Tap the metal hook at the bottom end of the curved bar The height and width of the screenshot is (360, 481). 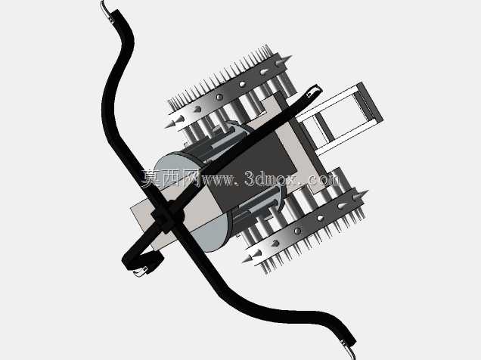[349, 349]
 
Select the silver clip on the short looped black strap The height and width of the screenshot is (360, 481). [141, 272]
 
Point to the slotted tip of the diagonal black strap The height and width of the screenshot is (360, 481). [313, 91]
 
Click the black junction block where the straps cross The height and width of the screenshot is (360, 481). [167, 216]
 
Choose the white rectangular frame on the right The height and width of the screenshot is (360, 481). [340, 118]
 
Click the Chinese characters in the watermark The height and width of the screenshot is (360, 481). [171, 178]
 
